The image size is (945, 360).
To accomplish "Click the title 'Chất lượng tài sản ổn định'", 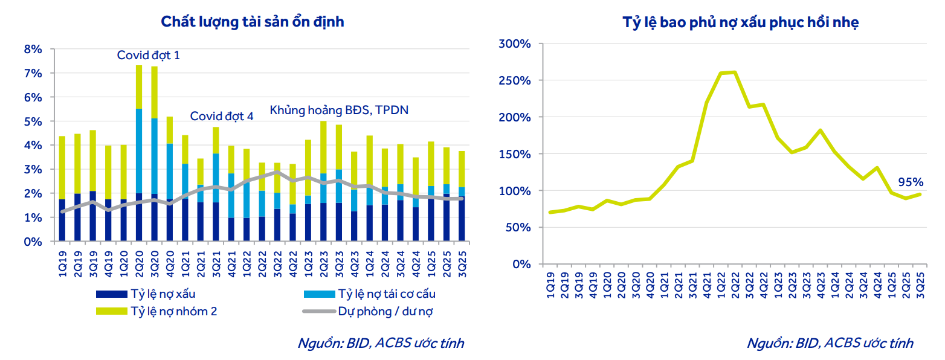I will tap(252, 22).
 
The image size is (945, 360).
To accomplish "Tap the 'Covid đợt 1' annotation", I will tap(148, 56).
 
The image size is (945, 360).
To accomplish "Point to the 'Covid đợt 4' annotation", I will tap(222, 116).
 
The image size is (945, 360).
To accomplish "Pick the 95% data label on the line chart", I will tap(910, 182).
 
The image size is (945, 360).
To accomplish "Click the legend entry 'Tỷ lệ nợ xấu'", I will tap(163, 294).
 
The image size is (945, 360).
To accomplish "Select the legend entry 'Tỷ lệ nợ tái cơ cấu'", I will tap(387, 294).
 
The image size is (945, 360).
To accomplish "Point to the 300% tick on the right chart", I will tap(514, 44).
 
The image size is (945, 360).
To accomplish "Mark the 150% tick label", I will tap(514, 154).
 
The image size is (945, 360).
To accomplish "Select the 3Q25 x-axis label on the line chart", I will tap(921, 281).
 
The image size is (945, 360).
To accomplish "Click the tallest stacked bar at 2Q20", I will tap(139, 151).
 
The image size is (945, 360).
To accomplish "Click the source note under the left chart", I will tap(381, 343).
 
